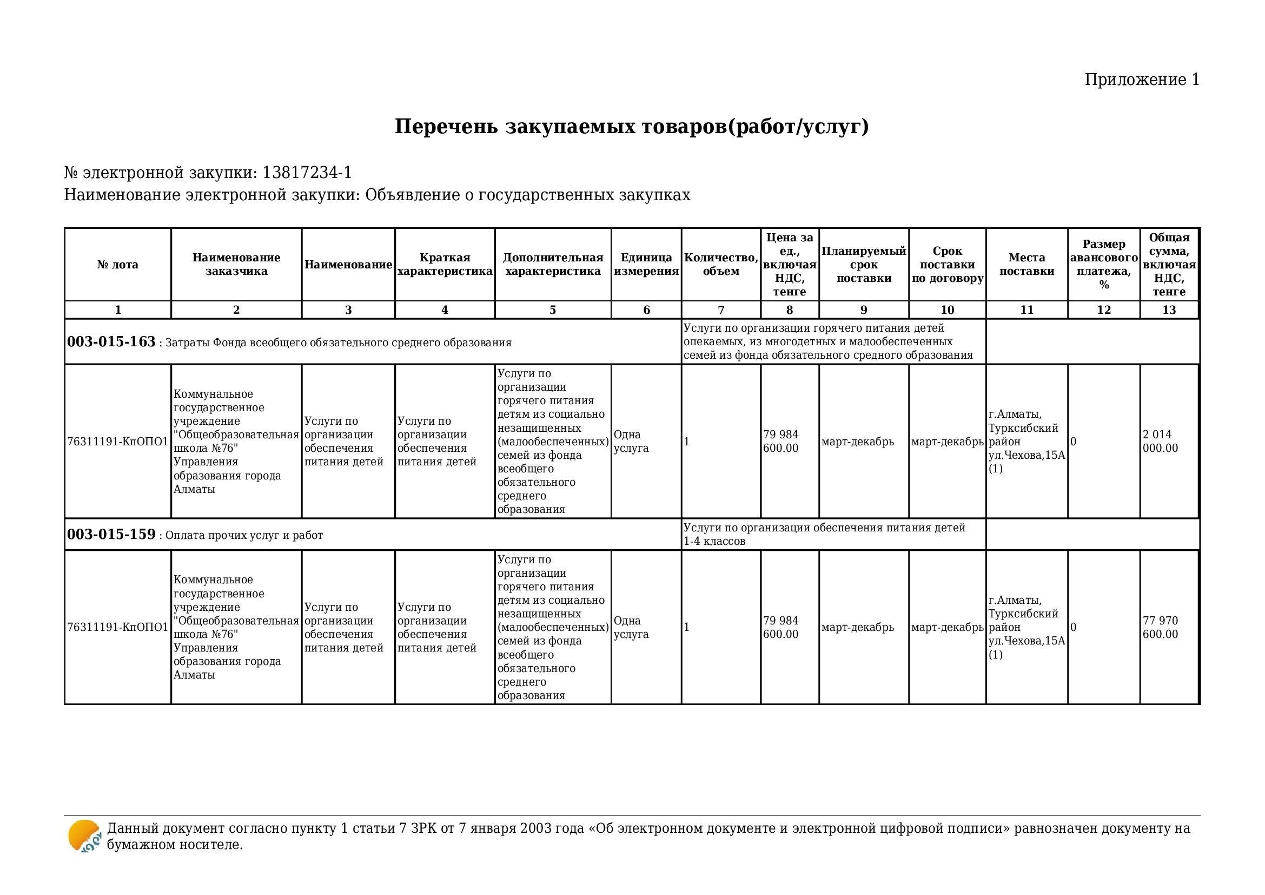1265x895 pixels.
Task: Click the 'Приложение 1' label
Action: [1142, 80]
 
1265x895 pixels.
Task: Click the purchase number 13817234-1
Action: [307, 173]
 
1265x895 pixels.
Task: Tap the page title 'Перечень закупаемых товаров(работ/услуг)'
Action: [631, 126]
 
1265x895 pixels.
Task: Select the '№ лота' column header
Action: [118, 265]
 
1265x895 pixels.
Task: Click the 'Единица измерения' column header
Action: [646, 265]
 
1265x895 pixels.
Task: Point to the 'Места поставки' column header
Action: [1026, 265]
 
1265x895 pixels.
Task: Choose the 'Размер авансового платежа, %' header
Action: [1104, 265]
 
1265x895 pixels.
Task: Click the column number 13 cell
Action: [1169, 310]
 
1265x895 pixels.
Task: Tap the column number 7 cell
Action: [720, 310]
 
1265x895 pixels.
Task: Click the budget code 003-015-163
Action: [111, 341]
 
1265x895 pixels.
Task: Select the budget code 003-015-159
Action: [111, 535]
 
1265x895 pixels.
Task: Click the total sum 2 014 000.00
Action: [1160, 442]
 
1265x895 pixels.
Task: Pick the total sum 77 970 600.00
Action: [1160, 627]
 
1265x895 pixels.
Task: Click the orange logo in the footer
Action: [84, 836]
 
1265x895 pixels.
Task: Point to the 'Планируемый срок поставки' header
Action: [863, 265]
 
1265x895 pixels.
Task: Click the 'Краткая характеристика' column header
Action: [445, 265]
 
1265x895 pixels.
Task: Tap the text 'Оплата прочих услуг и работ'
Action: [244, 536]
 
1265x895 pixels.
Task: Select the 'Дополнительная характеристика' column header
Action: [553, 265]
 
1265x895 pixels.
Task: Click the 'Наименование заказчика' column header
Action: [236, 265]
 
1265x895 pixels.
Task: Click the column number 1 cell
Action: [118, 310]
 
